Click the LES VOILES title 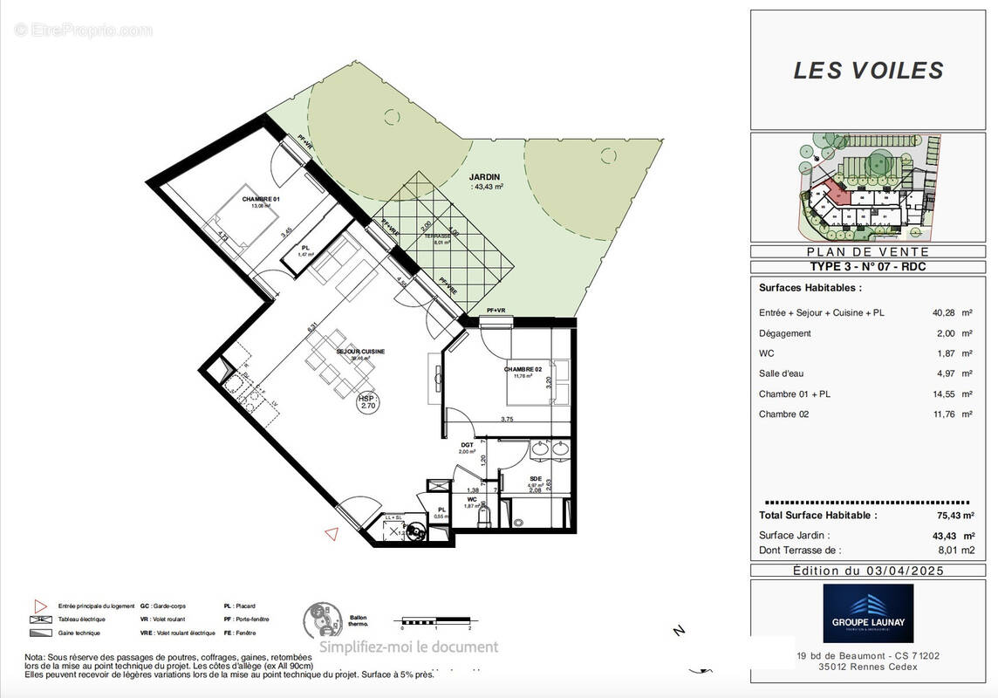point(868,71)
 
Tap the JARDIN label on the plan point(484,176)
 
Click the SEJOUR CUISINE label point(336,352)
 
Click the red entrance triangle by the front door point(331,533)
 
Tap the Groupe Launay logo point(868,613)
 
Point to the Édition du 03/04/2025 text point(868,571)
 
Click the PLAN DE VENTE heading point(868,251)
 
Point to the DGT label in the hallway point(467,445)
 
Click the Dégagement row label point(784,333)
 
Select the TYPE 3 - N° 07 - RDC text point(868,267)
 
